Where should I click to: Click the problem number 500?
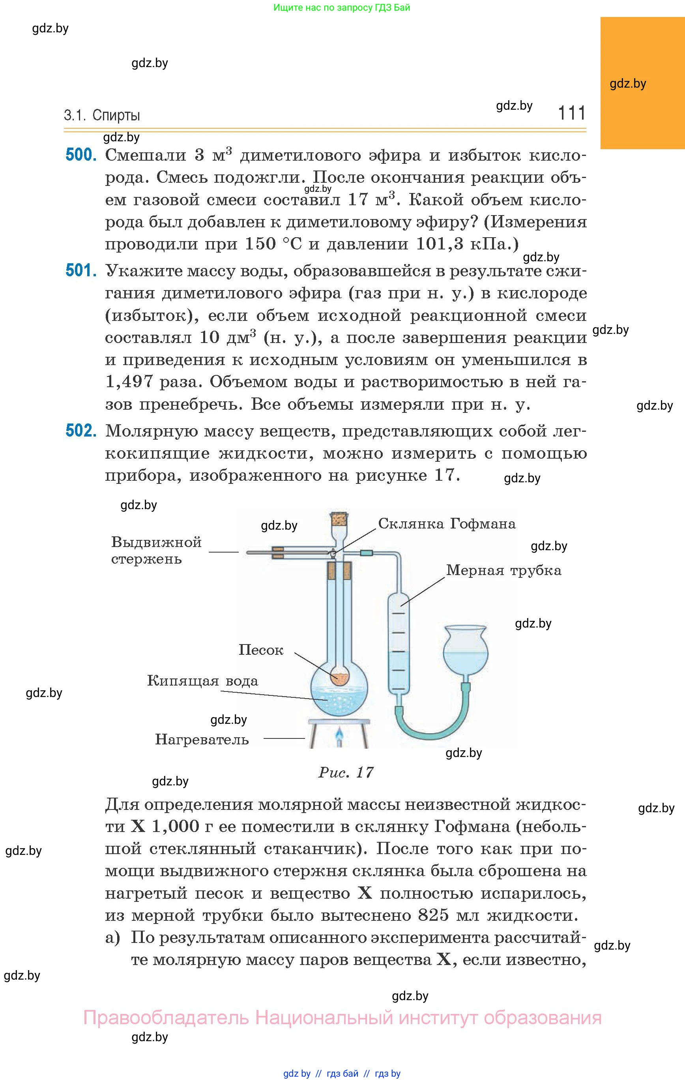tap(81, 155)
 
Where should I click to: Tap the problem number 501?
tap(81, 270)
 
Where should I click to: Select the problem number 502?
tap(81, 431)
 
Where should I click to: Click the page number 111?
tap(572, 112)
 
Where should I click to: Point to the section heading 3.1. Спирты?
tap(102, 116)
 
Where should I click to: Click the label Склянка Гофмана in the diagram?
tap(447, 523)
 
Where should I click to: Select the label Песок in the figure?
tap(261, 650)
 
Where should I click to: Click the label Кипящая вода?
tap(202, 681)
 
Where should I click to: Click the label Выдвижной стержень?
tap(156, 550)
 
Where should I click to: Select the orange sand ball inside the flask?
tap(340, 676)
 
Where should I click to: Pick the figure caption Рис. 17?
tap(346, 773)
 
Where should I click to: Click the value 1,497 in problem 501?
tap(129, 381)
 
